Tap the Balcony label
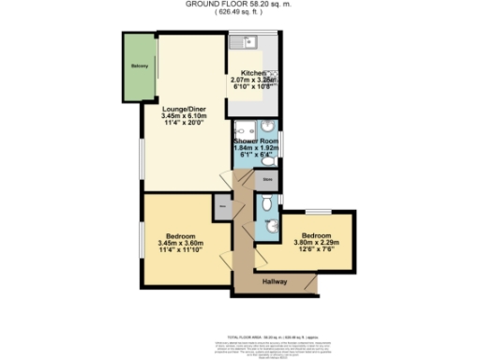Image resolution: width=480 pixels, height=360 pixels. (x=140, y=66)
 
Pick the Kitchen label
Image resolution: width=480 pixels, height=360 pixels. (x=253, y=73)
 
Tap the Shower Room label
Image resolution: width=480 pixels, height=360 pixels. (x=256, y=141)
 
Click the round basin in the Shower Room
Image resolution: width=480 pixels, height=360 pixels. (x=267, y=127)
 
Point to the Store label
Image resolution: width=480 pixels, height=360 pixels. (x=267, y=178)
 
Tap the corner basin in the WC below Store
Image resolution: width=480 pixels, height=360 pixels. (x=271, y=226)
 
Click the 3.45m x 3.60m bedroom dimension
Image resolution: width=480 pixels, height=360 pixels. (x=181, y=243)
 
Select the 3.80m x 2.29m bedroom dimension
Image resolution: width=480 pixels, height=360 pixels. (x=317, y=242)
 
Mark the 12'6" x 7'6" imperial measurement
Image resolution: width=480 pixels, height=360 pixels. (x=316, y=249)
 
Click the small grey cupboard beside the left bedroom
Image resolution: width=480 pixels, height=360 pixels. (x=222, y=207)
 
